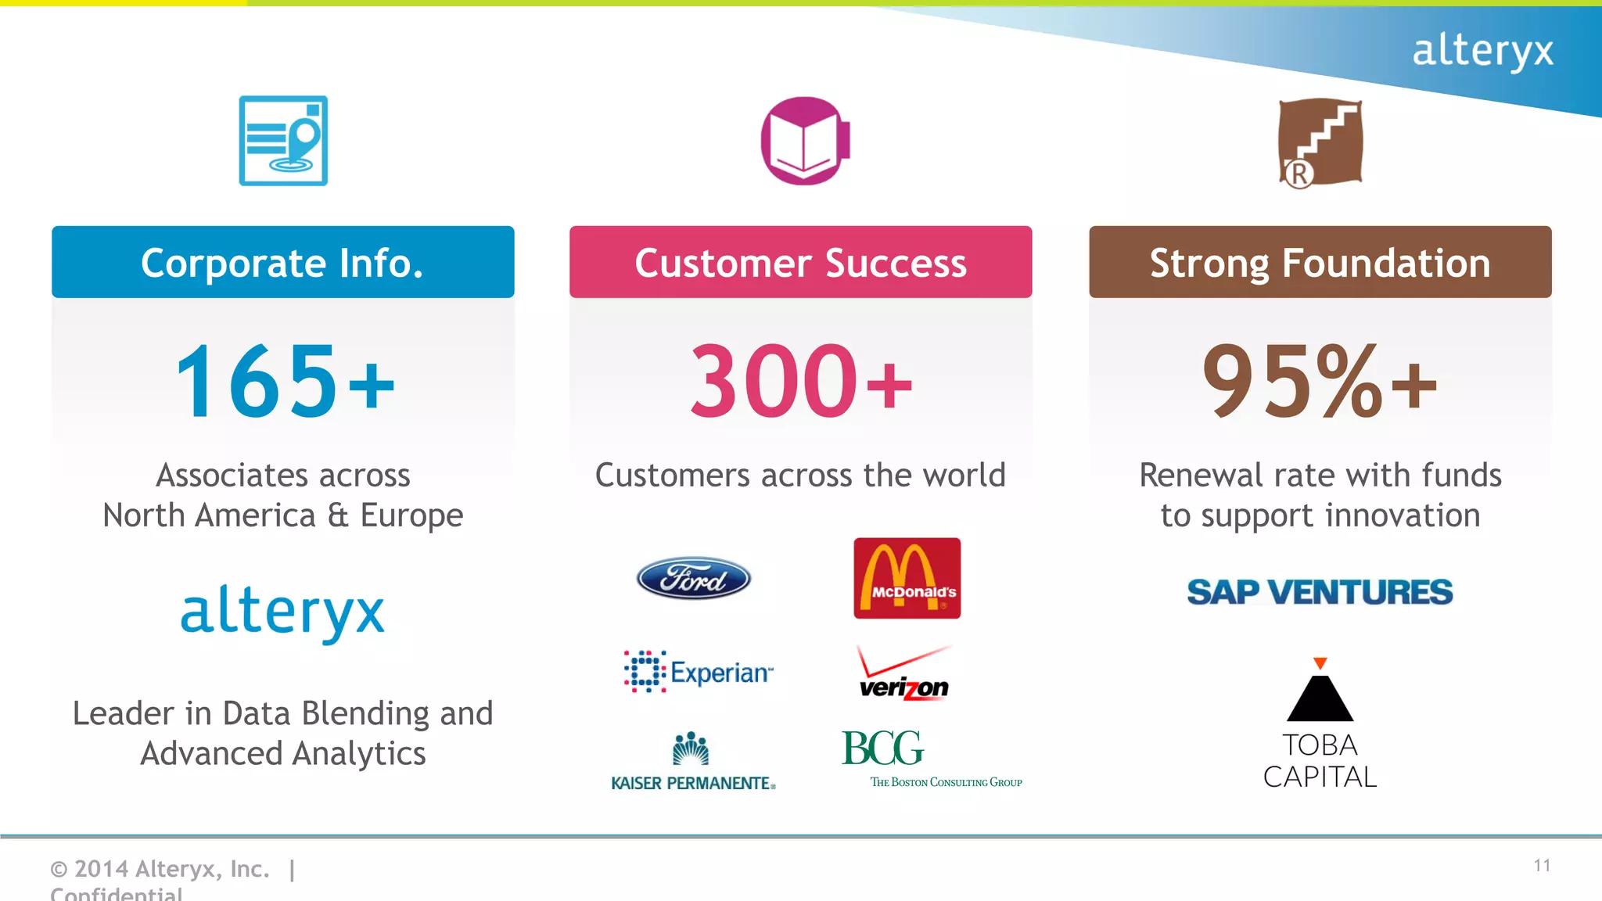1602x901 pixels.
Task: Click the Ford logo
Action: [x=694, y=579]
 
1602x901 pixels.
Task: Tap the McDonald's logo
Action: [x=907, y=578]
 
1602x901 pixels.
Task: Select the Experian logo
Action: [x=699, y=672]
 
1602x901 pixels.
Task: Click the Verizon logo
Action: [x=904, y=675]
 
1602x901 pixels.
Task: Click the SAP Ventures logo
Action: [x=1320, y=592]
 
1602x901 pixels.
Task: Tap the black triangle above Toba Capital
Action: [x=1320, y=698]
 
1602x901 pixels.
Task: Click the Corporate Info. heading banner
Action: [x=282, y=262]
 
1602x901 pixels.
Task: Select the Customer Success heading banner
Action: [x=800, y=262]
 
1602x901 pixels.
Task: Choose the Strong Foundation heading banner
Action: [x=1320, y=262]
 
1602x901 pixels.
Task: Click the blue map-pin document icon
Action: [x=283, y=141]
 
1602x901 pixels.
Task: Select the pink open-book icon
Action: [x=805, y=141]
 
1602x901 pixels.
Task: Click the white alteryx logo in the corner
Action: [x=1482, y=52]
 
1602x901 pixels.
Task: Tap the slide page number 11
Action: [x=1542, y=866]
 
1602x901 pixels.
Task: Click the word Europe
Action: [x=411, y=516]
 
